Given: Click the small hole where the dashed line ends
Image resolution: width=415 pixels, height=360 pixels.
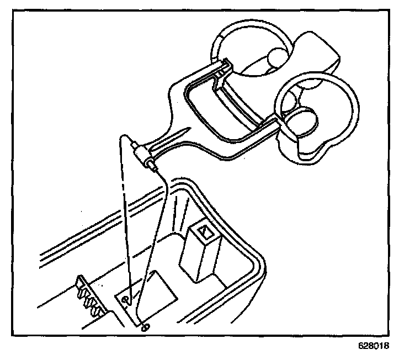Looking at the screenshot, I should click(126, 300).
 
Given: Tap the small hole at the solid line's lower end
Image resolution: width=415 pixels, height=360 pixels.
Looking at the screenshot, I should click(145, 327).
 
